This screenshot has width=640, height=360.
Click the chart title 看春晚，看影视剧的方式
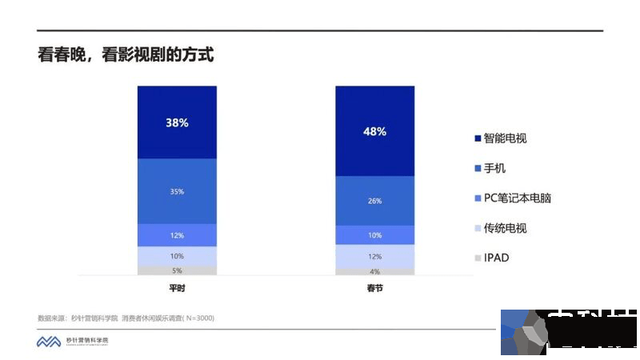click(126, 56)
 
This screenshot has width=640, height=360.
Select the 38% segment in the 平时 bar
click(177, 122)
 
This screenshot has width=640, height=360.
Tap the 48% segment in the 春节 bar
click(374, 131)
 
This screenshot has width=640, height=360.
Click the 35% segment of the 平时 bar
click(177, 191)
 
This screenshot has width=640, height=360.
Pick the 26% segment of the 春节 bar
click(374, 201)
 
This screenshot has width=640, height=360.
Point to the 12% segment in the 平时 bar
click(177, 235)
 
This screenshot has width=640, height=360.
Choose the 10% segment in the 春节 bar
click(374, 235)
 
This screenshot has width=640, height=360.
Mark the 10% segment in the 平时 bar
click(177, 256)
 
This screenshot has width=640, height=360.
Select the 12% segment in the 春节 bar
click(374, 256)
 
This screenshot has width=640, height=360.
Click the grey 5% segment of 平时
click(177, 270)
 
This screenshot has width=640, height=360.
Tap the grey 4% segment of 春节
click(374, 271)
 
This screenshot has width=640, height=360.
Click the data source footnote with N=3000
click(126, 318)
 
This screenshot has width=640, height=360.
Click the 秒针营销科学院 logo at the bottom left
click(72, 342)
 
